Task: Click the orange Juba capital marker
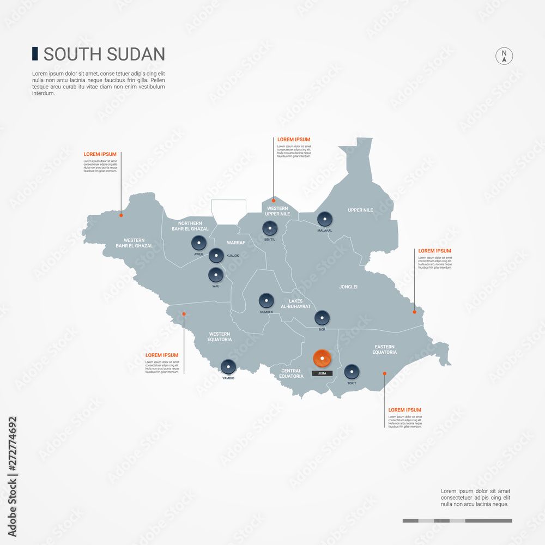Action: coord(322,359)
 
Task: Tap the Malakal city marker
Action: coord(325,220)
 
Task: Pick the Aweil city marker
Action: coord(199,243)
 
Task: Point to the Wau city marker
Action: coord(216,276)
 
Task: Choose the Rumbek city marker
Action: coord(266,301)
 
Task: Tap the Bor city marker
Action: coord(322,318)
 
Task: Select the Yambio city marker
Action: coord(228,367)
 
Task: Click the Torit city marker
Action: coord(352,372)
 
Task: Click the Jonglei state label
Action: coord(348,287)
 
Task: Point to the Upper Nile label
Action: coord(360,210)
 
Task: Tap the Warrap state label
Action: coord(236,243)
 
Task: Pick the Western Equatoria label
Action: coord(220,337)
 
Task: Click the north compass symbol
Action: coord(504,56)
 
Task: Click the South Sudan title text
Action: coord(104,54)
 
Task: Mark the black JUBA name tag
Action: coord(322,374)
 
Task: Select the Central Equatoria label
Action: coord(292,374)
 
